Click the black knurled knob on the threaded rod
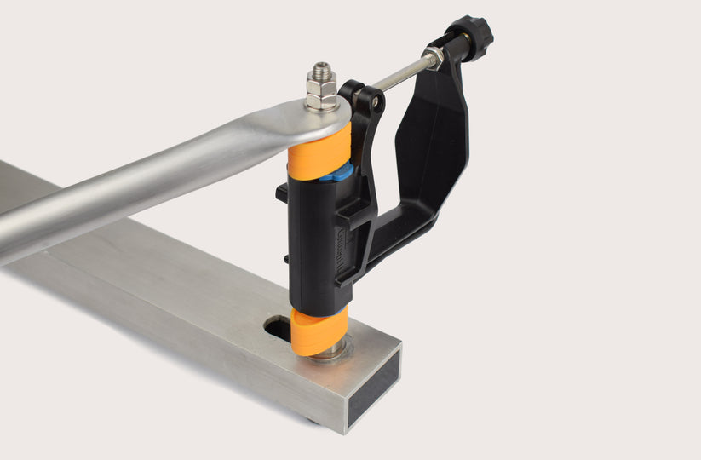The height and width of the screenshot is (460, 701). click(x=471, y=35)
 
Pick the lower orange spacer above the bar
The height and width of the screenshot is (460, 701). click(x=319, y=331)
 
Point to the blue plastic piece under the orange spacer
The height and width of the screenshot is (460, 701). click(x=338, y=173)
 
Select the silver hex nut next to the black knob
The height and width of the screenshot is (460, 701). click(x=434, y=57)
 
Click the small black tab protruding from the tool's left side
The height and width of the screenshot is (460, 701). click(x=281, y=193)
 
